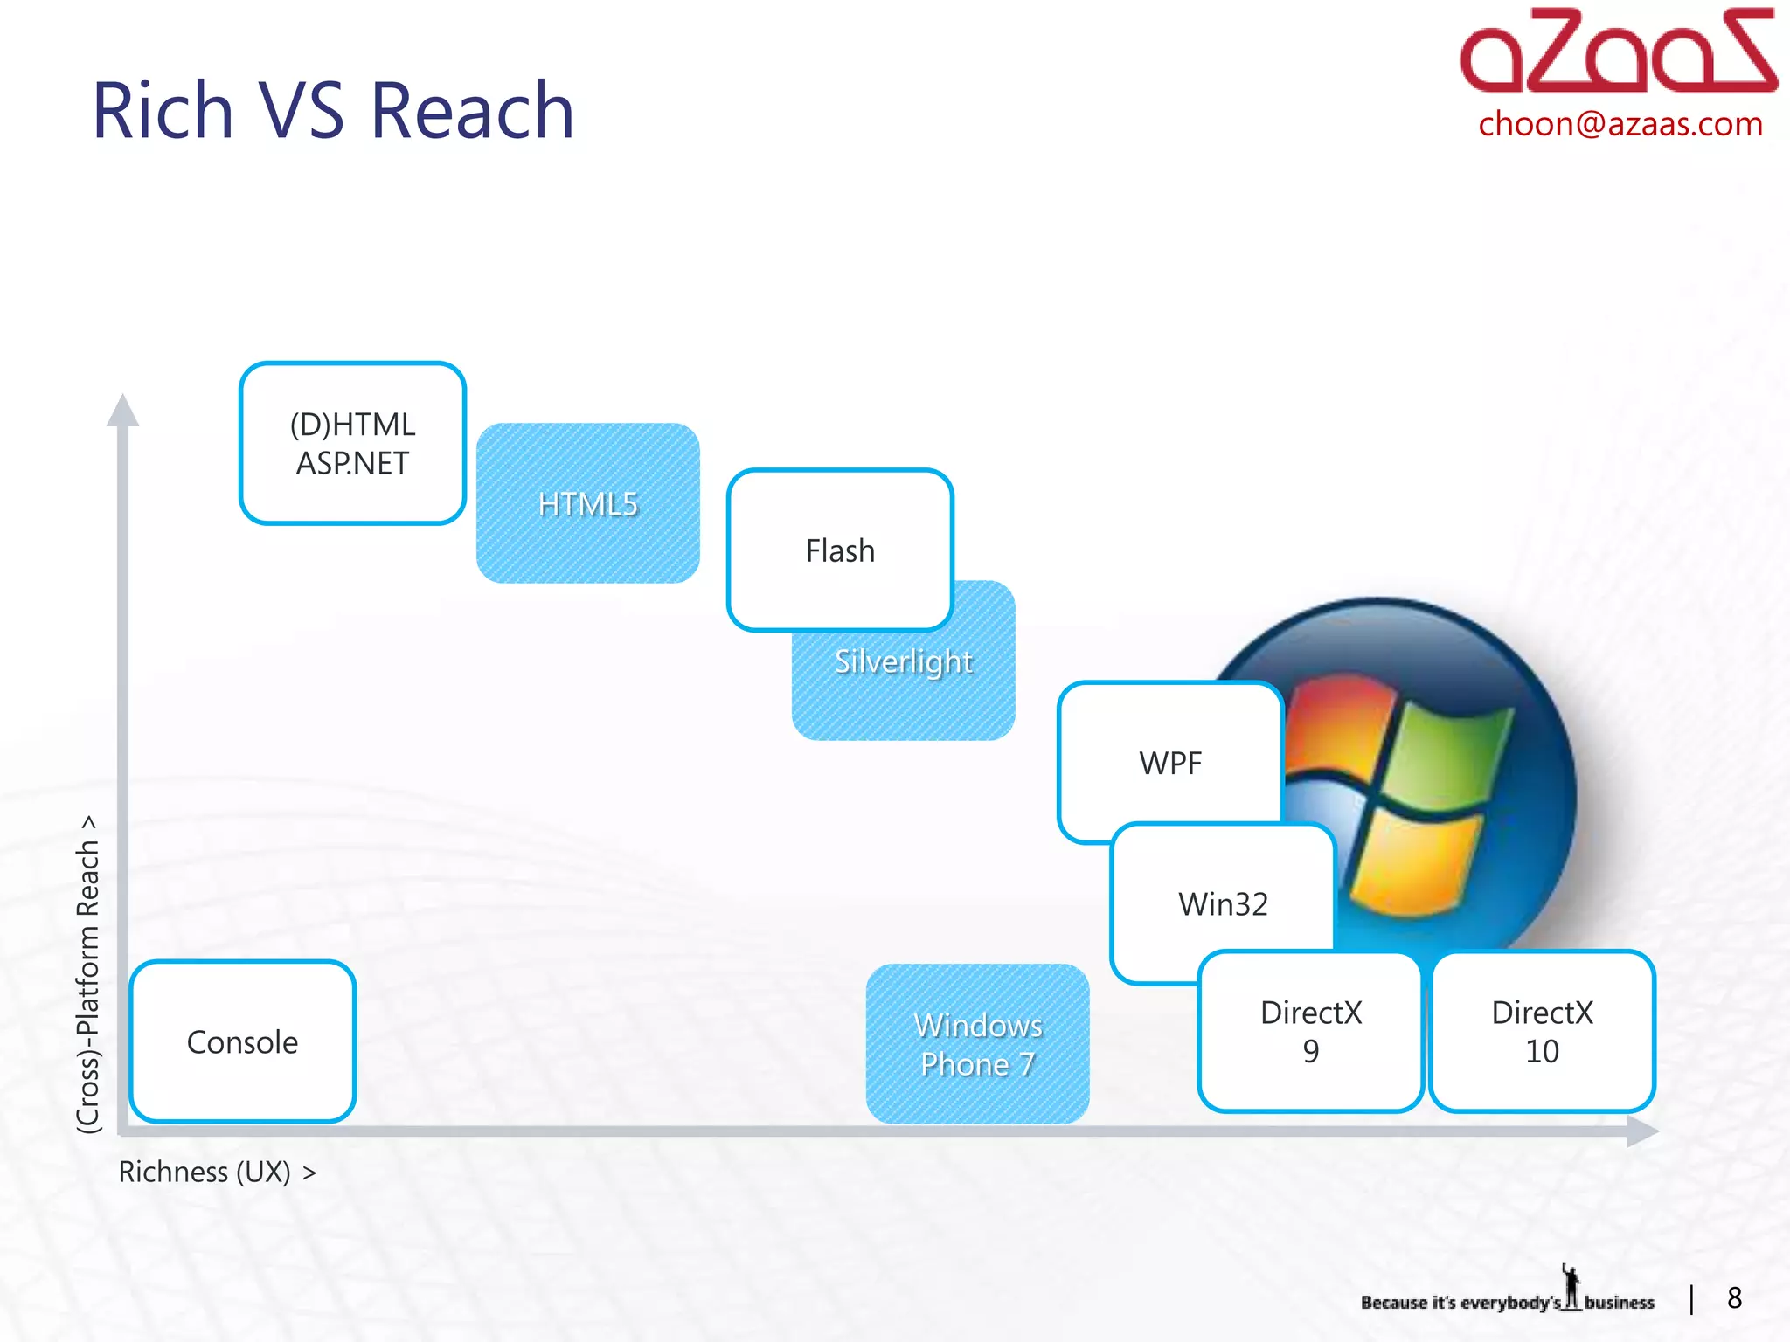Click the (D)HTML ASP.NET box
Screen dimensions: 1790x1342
click(x=352, y=443)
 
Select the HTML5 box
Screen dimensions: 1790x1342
click(x=587, y=503)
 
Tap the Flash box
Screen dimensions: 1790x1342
click(x=839, y=550)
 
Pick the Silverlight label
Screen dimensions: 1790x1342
click(x=904, y=661)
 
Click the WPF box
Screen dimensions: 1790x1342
click(x=1170, y=762)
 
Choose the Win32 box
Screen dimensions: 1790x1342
click(x=1223, y=903)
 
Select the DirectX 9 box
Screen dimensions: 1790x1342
click(x=1310, y=1031)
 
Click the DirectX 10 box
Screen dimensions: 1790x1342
click(x=1542, y=1031)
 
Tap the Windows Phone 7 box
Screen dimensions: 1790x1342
click(x=977, y=1044)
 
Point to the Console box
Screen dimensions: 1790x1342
click(x=243, y=1041)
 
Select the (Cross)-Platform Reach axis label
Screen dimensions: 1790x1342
click(x=88, y=974)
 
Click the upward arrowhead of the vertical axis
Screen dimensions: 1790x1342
click(x=122, y=411)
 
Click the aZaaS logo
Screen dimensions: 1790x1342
click(x=1617, y=52)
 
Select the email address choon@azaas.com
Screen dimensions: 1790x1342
click(x=1620, y=124)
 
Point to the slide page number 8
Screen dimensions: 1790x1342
click(x=1734, y=1298)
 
